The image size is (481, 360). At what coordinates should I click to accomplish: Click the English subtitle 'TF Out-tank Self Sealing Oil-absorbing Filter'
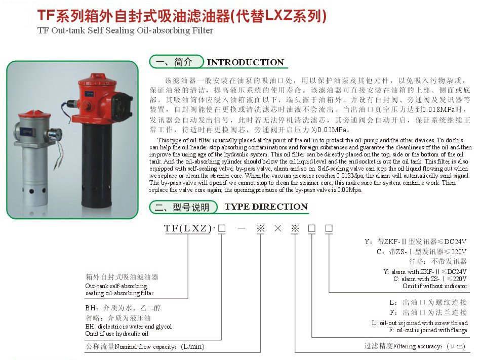click(125, 30)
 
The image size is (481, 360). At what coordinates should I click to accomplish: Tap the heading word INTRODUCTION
click(246, 62)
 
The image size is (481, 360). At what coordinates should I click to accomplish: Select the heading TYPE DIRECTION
click(266, 207)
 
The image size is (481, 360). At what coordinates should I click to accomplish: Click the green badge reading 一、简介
click(175, 62)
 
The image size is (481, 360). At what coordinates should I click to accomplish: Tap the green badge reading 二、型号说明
click(184, 207)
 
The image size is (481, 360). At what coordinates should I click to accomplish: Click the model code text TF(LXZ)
click(188, 228)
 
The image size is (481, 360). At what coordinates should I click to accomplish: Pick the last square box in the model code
click(329, 228)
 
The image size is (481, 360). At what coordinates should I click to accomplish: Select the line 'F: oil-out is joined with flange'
click(428, 330)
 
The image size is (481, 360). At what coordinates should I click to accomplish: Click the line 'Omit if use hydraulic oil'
click(117, 334)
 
